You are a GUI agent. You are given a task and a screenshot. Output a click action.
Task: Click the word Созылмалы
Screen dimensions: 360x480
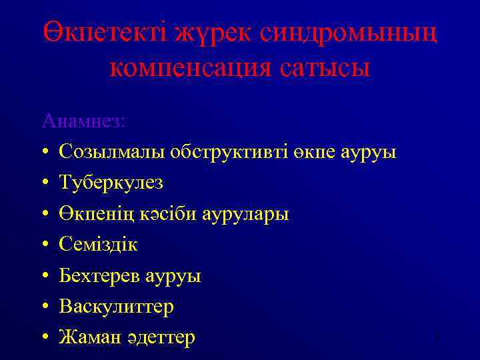click(112, 152)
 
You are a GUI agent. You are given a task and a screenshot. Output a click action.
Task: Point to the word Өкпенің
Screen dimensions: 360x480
click(95, 214)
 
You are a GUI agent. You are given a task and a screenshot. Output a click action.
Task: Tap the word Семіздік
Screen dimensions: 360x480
click(98, 245)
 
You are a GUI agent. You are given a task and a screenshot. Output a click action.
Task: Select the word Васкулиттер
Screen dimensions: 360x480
click(116, 307)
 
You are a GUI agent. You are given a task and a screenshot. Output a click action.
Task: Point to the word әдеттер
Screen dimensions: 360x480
click(160, 338)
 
